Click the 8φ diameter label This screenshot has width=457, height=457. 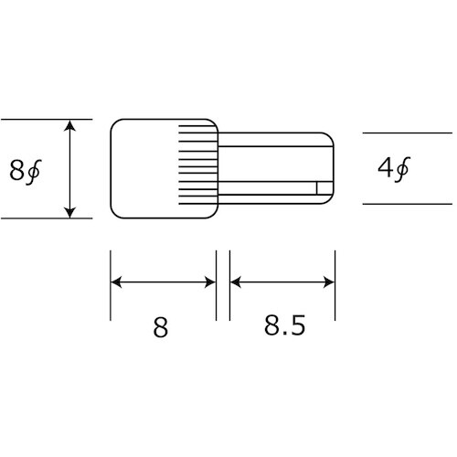(x=25, y=170)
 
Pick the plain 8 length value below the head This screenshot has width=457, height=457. (x=161, y=326)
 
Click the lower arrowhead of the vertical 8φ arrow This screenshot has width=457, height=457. (x=70, y=212)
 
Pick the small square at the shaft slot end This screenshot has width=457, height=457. (x=319, y=187)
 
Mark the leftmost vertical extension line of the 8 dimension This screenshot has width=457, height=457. (x=110, y=283)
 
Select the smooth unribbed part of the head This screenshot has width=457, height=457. (x=142, y=169)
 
